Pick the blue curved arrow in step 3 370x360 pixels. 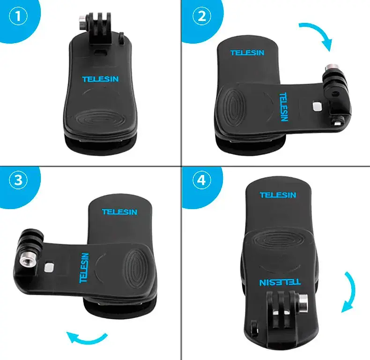pyautogui.click(x=86, y=337)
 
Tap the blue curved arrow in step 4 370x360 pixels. pyautogui.click(x=349, y=291)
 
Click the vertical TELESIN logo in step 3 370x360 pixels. pyautogui.click(x=84, y=268)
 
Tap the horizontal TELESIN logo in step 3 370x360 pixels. pyautogui.click(x=119, y=212)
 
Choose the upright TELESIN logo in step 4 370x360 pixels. pyautogui.click(x=278, y=195)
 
